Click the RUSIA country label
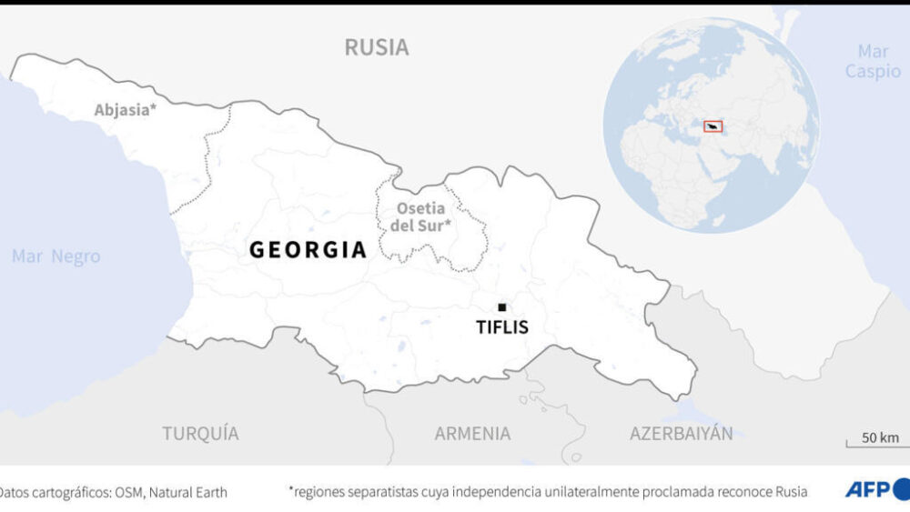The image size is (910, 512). click(x=376, y=47)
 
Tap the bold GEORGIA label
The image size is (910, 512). click(x=308, y=250)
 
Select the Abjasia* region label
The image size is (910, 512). click(x=126, y=111)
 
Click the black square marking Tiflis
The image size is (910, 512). click(x=501, y=307)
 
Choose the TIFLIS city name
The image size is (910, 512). click(x=501, y=327)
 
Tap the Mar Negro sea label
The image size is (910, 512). click(x=56, y=256)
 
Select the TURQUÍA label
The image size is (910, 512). click(x=200, y=434)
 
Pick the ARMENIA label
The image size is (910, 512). click(x=472, y=434)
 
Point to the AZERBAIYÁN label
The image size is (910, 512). click(x=681, y=434)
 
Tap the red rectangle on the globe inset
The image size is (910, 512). click(x=713, y=126)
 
